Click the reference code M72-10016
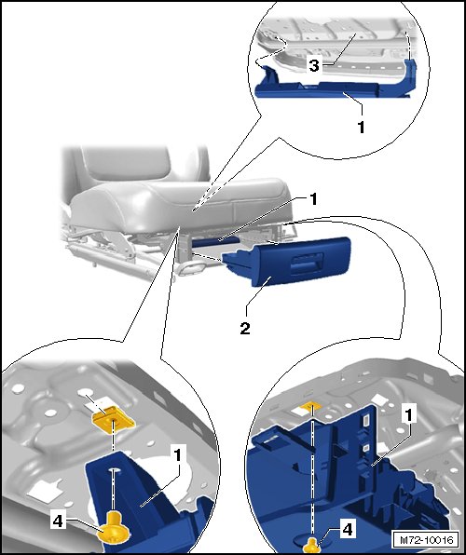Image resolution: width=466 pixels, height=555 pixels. pos(426,540)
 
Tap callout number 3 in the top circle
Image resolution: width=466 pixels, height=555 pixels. pos(314,66)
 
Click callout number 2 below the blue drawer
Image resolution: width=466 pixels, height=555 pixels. pos(245,328)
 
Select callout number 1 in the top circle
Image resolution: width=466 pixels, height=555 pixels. pos(361,128)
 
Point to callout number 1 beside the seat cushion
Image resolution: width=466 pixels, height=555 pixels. pos(313,199)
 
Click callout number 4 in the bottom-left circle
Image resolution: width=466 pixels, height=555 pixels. pos(58,521)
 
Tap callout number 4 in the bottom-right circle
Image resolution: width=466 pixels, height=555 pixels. pos(348,530)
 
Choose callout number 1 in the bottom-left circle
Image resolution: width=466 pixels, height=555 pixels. pos(177,454)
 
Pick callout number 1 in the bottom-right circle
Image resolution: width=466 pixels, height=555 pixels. pos(409,414)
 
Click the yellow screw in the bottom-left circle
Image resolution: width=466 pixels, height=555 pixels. pos(114,527)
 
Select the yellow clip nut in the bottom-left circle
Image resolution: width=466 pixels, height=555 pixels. pos(113,420)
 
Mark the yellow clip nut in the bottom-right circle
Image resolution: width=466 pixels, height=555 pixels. pos(310,406)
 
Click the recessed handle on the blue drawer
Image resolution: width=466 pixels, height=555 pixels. pos(306,264)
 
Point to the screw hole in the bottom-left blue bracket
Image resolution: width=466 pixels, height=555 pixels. pos(113,471)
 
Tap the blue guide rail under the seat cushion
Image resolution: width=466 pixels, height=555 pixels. pos(216,240)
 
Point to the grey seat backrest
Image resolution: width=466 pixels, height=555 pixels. pos(136,164)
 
